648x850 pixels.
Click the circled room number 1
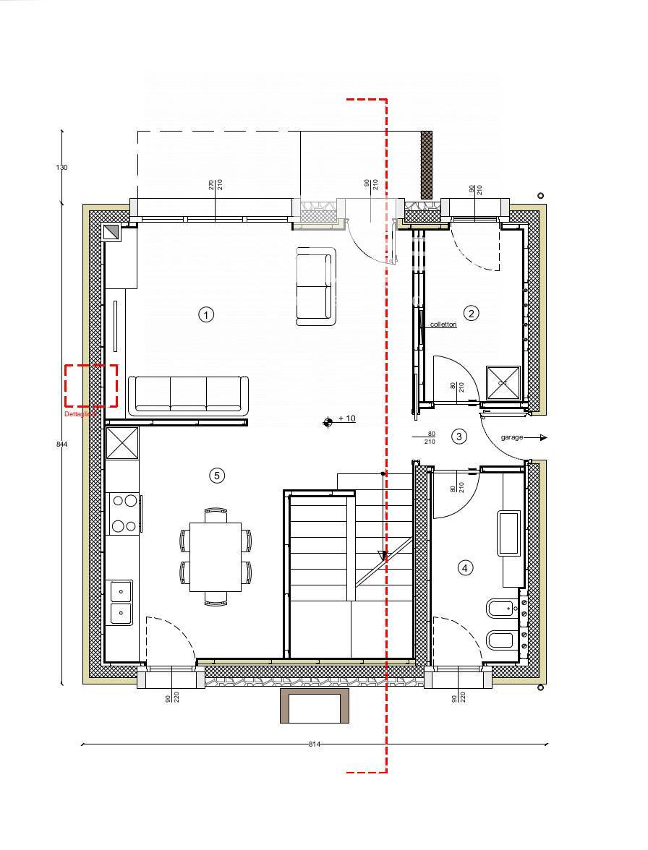pos(206,314)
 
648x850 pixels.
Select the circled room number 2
pos(472,313)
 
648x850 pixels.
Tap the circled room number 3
pos(459,436)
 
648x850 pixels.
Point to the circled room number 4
pos(465,568)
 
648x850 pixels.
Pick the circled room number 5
pos(216,475)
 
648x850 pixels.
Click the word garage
pos(511,437)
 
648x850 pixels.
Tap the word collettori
pos(443,325)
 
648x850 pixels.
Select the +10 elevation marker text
pos(346,418)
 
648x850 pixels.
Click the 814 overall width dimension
pos(314,744)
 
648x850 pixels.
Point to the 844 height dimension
pos(61,444)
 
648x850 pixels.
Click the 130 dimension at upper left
pos(61,167)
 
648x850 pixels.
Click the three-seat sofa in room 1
pos(188,395)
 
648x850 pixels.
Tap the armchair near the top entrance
pos(316,286)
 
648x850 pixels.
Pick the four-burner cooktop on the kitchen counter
pos(123,512)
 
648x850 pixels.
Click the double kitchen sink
pos(121,602)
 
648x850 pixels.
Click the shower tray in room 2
pos(503,382)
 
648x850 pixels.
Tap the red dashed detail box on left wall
pos(91,386)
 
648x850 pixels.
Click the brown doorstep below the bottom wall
pos(315,705)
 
